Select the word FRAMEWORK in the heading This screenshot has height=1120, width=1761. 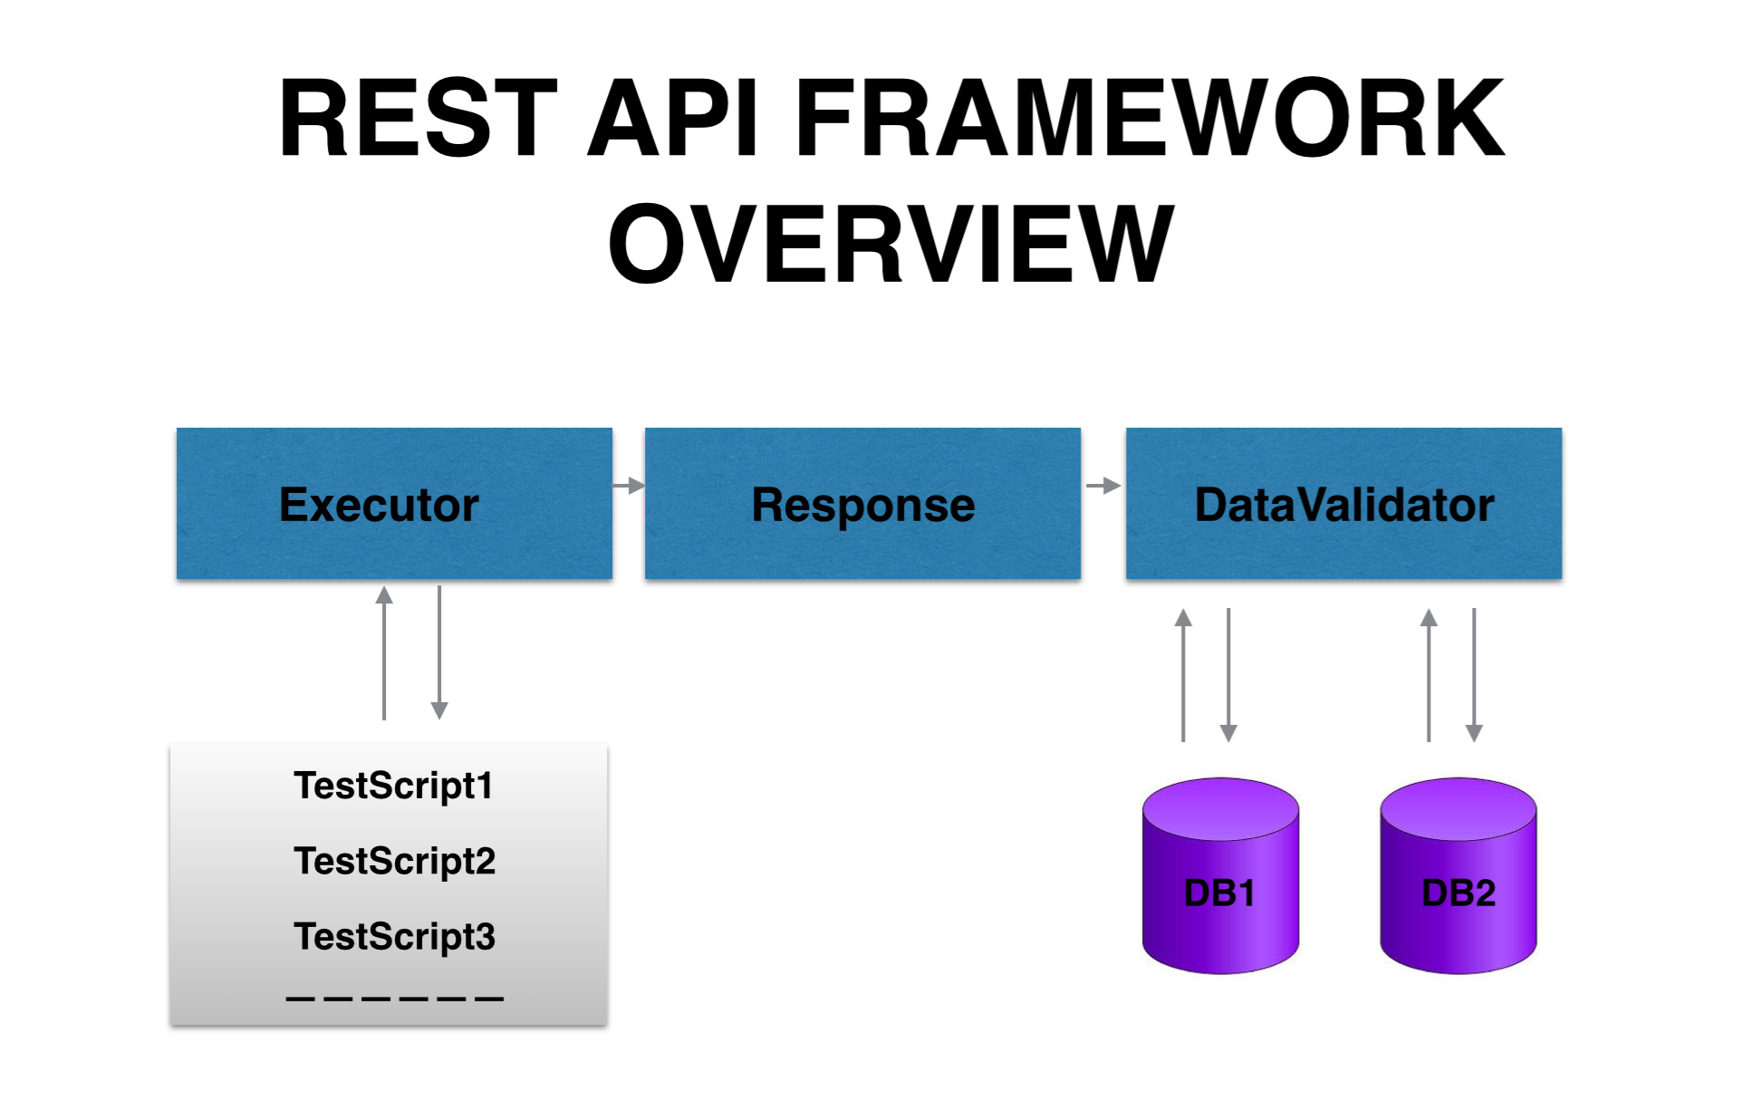pos(1149,118)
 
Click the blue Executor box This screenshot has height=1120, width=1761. pos(394,504)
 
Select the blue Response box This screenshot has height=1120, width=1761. pos(862,504)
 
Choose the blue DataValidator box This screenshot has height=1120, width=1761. pos(1343,504)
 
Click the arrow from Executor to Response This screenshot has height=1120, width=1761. pos(629,486)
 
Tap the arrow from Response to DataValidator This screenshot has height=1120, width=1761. pos(1103,486)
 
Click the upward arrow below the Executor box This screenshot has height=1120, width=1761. pos(384,652)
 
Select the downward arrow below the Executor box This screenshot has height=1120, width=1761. pos(439,652)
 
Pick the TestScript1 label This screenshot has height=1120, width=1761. pos(393,786)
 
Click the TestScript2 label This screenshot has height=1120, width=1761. pos(394,861)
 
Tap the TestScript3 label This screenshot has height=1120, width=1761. pos(394,936)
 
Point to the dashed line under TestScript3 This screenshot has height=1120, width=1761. pos(394,999)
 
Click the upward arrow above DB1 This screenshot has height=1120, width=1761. pos(1183,675)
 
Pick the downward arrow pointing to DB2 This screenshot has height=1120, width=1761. pos(1474,675)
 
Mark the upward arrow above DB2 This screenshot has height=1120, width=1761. pos(1429,675)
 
